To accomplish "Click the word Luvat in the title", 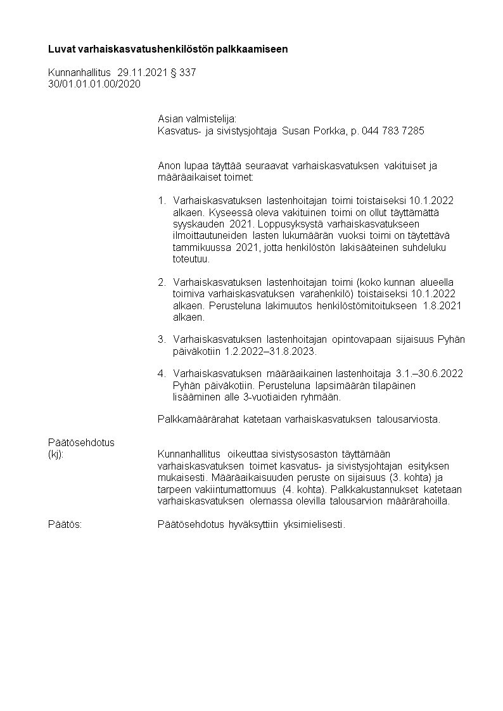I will (61, 49).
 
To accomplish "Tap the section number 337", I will (188, 73).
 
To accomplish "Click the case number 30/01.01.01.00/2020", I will (94, 84).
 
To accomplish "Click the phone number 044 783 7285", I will (392, 131).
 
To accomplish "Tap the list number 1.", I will (162, 201).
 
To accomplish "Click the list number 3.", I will (162, 340).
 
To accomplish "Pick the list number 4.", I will (162, 374).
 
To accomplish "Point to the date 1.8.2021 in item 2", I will (442, 305).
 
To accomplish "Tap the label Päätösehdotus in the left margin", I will (81, 442).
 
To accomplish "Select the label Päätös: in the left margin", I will (65, 524).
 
